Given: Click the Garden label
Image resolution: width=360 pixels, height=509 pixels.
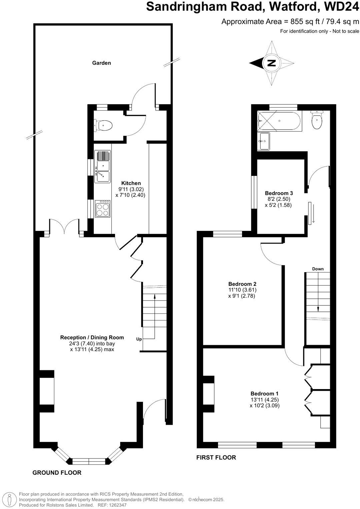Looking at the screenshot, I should coord(101,63).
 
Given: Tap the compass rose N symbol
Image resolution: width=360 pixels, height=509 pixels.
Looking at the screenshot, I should coord(272,63).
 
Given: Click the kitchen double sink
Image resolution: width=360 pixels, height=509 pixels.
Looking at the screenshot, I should coord(102,167).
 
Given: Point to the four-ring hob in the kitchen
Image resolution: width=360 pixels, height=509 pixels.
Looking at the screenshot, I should coord(103,209).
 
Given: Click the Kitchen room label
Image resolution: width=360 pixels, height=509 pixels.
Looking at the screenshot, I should coord(131,183).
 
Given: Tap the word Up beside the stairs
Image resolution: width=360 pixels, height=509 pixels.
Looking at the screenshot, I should coord(139,339).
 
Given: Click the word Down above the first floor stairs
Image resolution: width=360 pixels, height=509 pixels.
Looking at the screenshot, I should coord(318,269).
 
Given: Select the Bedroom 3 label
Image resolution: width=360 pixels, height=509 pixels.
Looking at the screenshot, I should coord(279,193).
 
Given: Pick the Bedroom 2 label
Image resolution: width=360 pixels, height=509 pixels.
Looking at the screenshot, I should coord(242,284).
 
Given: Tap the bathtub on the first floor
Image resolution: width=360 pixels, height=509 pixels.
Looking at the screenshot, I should coord(279,121).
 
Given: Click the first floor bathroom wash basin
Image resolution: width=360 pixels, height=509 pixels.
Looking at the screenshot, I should coord(264,142).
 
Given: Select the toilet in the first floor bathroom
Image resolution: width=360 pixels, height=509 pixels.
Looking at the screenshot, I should coord(317,121).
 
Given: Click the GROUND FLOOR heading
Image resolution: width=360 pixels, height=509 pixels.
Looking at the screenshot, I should coord(57,472).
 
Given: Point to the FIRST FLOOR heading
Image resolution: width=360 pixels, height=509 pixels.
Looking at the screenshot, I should coord(216,457).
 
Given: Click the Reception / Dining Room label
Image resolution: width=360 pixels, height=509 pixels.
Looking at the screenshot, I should coord(92,337).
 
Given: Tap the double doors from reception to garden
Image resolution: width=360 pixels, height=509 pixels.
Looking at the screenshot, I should coord(64,228).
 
